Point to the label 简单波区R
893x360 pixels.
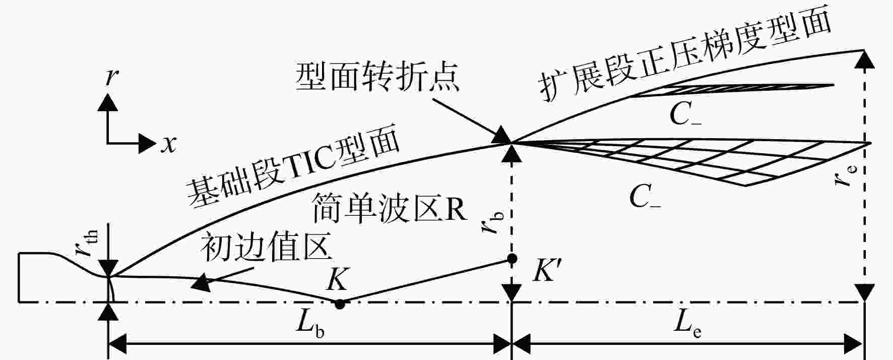[x=390, y=208]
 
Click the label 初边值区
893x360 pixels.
[x=267, y=248]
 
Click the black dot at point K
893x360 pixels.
[x=340, y=304]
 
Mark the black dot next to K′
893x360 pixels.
[x=512, y=259]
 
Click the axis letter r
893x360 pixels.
[x=112, y=78]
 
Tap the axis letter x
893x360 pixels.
[x=169, y=144]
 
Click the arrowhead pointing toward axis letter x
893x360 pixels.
[x=147, y=143]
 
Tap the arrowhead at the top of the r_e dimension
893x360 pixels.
[x=865, y=59]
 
